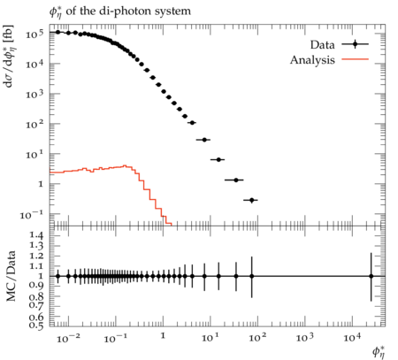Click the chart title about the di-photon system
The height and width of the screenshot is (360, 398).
pos(120,11)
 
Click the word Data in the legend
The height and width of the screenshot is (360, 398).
pos(322,45)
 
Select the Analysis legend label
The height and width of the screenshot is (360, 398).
pos(312,60)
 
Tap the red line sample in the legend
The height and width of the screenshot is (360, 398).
pos(355,59)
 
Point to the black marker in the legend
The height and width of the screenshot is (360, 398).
pos(355,44)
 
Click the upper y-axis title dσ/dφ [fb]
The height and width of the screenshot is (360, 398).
pos(9,57)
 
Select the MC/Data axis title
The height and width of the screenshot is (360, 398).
pos(11,276)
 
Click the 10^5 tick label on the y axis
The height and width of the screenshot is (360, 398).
pos(34,34)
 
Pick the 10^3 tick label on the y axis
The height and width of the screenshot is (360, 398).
pos(34,95)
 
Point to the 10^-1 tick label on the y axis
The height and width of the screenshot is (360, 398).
pos(32,215)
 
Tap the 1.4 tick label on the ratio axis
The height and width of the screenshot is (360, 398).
pos(36,235)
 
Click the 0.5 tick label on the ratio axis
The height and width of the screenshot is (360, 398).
pos(36,326)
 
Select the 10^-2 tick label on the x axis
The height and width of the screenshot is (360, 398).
pos(68,339)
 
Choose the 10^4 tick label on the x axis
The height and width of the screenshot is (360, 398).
pos(352,338)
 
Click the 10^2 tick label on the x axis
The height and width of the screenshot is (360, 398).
pos(257,338)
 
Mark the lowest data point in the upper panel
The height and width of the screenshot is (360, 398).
pos(251,200)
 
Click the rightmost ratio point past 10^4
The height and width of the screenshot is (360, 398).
pos(371,276)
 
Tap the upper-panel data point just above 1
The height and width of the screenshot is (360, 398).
pos(164,91)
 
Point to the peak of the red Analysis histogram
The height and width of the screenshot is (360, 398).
pos(125,165)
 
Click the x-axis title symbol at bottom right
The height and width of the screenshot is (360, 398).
pos(379,352)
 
